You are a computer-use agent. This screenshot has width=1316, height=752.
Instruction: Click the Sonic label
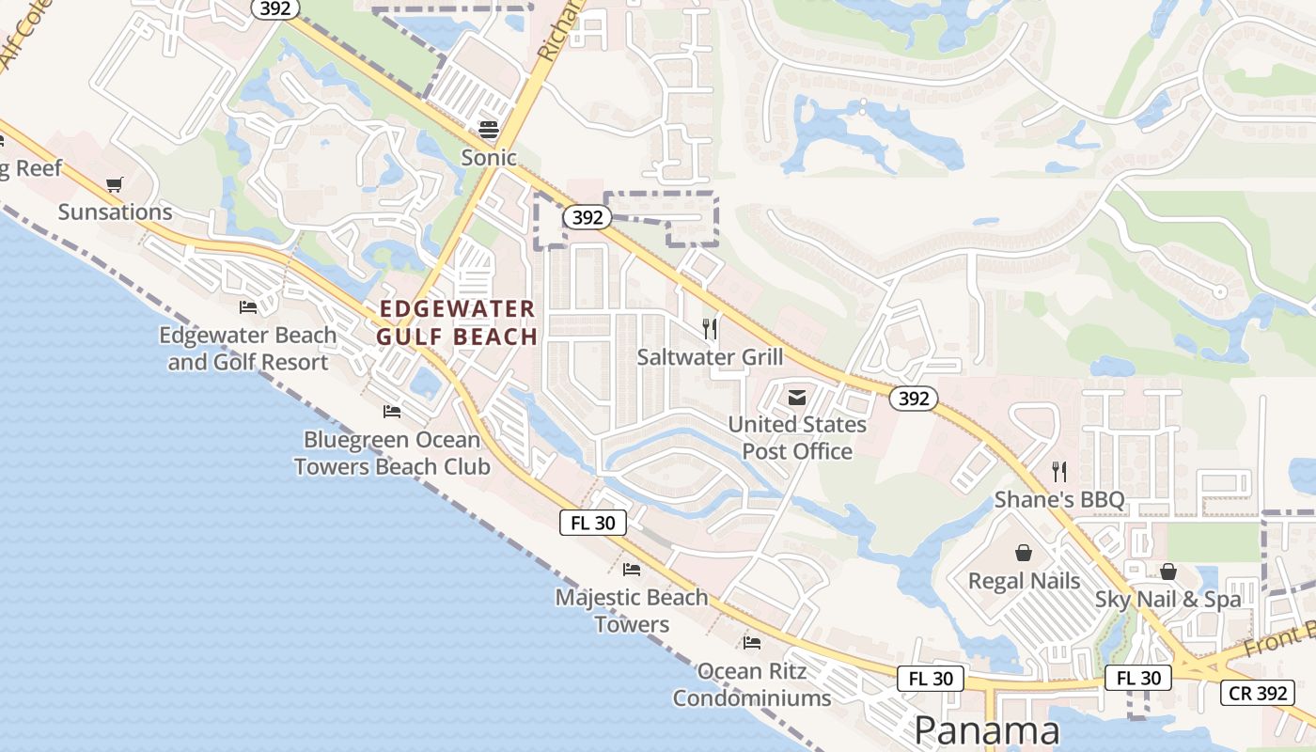pyautogui.click(x=489, y=157)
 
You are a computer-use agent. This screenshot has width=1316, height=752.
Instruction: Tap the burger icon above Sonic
pyautogui.click(x=489, y=129)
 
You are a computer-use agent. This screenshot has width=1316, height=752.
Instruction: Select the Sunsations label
pyautogui.click(x=116, y=211)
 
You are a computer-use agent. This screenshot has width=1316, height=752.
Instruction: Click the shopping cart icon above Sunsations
pyautogui.click(x=115, y=184)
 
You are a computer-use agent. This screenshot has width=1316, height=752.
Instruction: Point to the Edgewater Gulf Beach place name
pyautogui.click(x=458, y=322)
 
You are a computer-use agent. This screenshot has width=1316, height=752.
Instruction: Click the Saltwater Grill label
pyautogui.click(x=710, y=357)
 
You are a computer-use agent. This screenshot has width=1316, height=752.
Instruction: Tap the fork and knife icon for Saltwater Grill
pyautogui.click(x=710, y=329)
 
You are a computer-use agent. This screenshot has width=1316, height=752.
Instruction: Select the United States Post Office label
pyautogui.click(x=797, y=437)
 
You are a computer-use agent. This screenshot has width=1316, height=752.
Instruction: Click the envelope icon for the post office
pyautogui.click(x=797, y=398)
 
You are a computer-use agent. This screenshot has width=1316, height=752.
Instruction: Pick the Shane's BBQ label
pyautogui.click(x=1059, y=499)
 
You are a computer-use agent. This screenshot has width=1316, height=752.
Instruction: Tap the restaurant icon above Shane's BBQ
pyautogui.click(x=1059, y=471)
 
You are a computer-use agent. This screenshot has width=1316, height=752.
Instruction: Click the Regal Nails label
pyautogui.click(x=1025, y=581)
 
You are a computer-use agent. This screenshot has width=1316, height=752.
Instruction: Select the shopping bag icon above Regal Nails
pyautogui.click(x=1024, y=553)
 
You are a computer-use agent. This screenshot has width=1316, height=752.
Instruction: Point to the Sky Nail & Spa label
pyautogui.click(x=1168, y=599)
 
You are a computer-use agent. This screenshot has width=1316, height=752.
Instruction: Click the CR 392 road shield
pyautogui.click(x=1258, y=694)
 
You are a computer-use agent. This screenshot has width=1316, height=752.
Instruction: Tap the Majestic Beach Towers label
pyautogui.click(x=632, y=610)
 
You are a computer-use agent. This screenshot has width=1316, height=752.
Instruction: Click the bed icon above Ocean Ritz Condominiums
pyautogui.click(x=751, y=643)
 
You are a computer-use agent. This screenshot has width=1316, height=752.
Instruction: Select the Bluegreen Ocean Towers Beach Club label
pyautogui.click(x=392, y=453)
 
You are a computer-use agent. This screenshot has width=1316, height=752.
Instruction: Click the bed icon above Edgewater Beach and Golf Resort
pyautogui.click(x=248, y=306)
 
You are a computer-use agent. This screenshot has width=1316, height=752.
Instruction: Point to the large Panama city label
pyautogui.click(x=987, y=730)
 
